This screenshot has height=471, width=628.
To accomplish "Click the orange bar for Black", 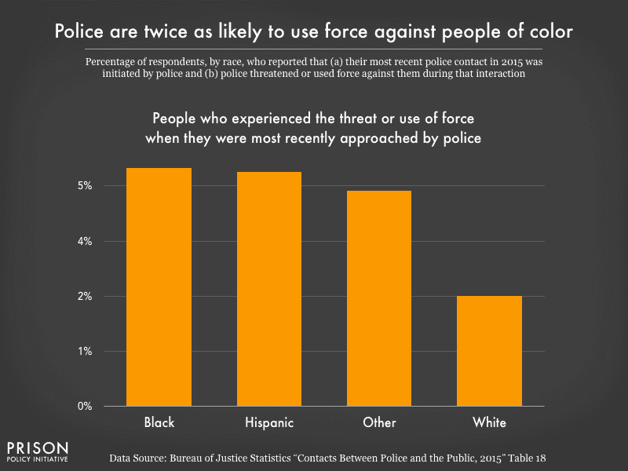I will [x=159, y=287].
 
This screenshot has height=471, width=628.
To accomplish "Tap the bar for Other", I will [x=379, y=298].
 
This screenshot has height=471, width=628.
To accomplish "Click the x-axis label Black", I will [x=159, y=422].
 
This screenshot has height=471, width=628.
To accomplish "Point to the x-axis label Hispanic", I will [x=269, y=422].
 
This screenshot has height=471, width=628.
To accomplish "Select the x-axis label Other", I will [x=379, y=422].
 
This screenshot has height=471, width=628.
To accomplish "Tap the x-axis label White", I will [x=489, y=422].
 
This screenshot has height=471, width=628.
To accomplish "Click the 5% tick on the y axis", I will [x=85, y=186].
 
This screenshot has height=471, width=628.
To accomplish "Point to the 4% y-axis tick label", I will [x=85, y=241].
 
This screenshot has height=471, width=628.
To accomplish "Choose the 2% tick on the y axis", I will [x=85, y=296].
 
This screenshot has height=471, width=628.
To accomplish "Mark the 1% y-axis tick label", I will [x=85, y=351].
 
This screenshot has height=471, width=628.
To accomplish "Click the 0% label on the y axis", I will [x=85, y=406].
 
